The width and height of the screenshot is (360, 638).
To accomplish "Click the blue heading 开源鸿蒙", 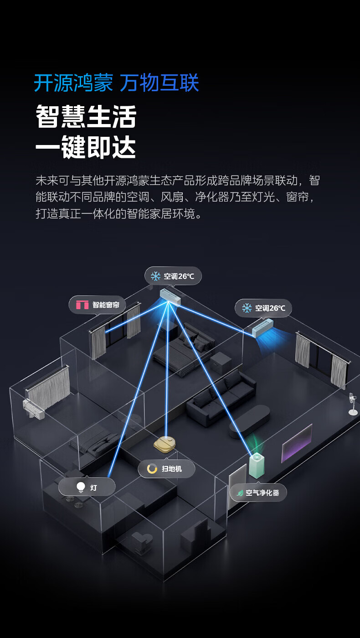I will point(73,83).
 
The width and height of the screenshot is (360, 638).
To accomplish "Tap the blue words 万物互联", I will point(159,83).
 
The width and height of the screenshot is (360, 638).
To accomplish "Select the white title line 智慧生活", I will point(86,117).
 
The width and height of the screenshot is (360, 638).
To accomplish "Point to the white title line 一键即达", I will point(86,148).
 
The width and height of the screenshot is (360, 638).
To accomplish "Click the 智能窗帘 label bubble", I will point(97,305).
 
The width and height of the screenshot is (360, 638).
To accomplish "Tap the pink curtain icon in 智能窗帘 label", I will point(82,305).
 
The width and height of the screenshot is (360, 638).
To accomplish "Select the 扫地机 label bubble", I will point(166,469).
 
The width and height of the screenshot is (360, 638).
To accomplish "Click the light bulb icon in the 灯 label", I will point(81,488).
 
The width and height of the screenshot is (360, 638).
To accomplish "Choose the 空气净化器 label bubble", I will point(258,493).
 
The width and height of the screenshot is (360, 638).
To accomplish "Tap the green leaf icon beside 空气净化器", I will point(240,493).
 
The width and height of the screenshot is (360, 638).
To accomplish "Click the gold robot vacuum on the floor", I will point(165,444).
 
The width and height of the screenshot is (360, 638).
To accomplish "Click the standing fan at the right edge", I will point(352,404).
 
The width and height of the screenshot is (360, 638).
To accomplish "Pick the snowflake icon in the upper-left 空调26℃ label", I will point(156,276).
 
